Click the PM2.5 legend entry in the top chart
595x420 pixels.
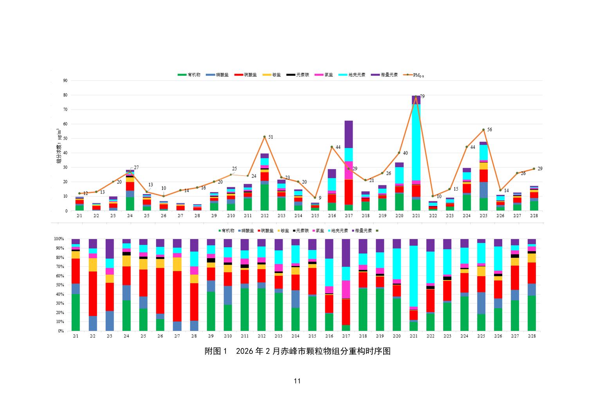tap(415, 75)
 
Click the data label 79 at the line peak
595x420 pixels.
tap(422, 96)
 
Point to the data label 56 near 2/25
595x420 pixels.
tap(489, 129)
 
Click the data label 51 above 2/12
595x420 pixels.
tap(270, 137)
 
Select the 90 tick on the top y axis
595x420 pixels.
tap(65, 81)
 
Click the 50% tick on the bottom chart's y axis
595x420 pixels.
tap(59, 285)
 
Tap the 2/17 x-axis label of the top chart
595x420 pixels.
tap(348, 216)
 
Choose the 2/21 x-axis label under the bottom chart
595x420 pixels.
tap(413, 336)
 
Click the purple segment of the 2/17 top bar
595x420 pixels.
tap(348, 134)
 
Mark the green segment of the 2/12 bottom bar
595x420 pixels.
tap(261, 309)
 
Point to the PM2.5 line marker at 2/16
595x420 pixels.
tap(332, 147)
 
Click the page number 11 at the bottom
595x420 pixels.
tap(297, 381)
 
